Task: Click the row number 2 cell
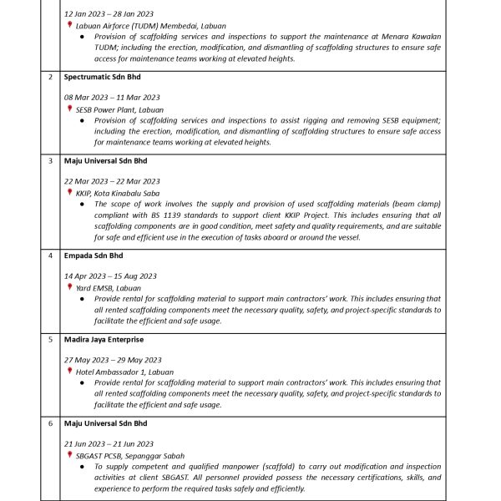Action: [x=51, y=77]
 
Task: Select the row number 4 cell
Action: [x=51, y=256]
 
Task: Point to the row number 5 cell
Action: [x=51, y=340]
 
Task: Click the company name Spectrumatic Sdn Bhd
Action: [x=102, y=77]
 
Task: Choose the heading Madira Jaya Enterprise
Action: [x=104, y=340]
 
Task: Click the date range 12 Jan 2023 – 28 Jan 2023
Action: [x=109, y=14]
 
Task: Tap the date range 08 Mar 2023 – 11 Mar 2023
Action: [x=112, y=97]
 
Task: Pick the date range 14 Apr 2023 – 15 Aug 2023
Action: [x=110, y=276]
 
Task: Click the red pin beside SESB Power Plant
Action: [x=70, y=109]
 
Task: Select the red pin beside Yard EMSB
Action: [x=70, y=287]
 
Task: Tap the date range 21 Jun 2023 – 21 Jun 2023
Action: [x=109, y=443]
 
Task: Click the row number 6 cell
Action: [x=51, y=423]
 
